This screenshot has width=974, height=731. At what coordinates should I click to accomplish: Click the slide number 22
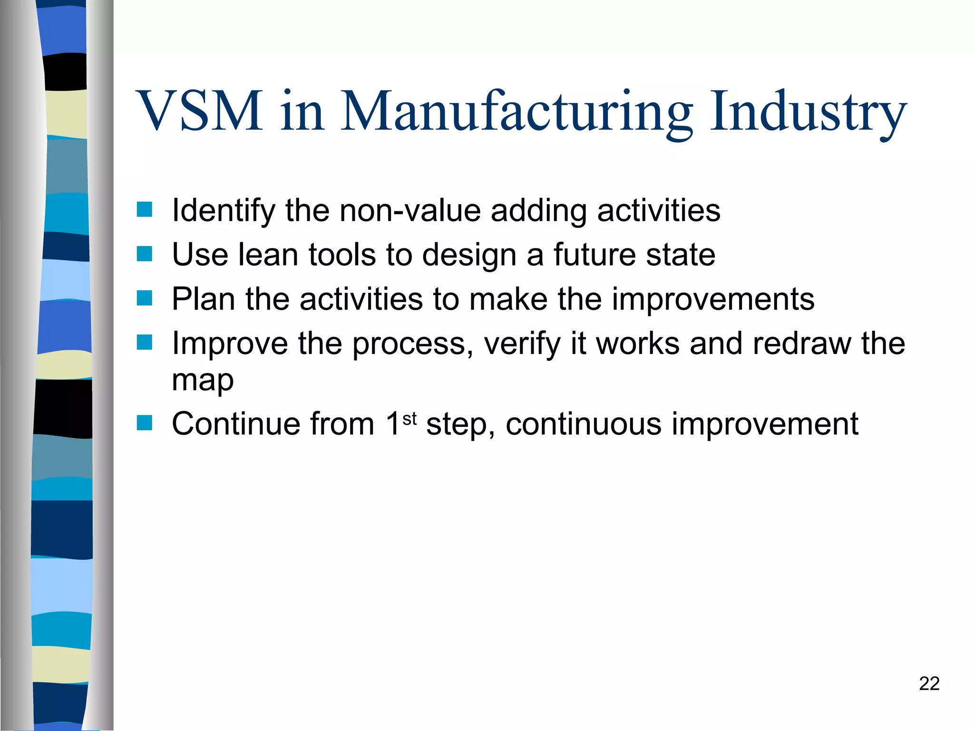click(x=929, y=684)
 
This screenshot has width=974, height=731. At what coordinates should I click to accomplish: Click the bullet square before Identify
click(x=144, y=209)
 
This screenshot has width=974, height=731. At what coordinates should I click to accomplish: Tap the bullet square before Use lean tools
click(x=144, y=254)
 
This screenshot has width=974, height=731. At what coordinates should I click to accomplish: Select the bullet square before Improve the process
click(x=144, y=342)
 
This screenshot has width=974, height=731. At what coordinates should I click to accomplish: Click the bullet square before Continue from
click(x=144, y=423)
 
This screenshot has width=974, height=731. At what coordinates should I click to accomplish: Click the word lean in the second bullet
click(x=268, y=255)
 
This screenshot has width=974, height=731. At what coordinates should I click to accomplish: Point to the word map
click(x=203, y=381)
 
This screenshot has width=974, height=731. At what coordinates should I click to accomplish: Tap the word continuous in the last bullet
click(x=584, y=424)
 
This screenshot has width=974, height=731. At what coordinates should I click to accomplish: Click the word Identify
click(x=224, y=210)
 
